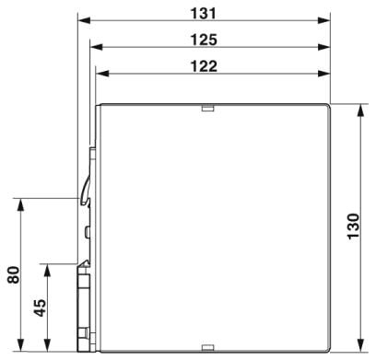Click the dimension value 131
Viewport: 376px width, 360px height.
pos(204,14)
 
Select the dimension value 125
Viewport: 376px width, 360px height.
pos(204,40)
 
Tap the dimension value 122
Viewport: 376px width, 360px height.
pos(204,66)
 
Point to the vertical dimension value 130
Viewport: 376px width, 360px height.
pos(353,226)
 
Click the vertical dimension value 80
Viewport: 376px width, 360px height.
pos(14,274)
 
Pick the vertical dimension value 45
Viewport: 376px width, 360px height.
pos(40,308)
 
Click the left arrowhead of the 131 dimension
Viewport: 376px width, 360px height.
pos(84,20)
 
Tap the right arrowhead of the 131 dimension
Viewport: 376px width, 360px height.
pos(324,20)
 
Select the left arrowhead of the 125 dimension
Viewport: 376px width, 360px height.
pos(96,47)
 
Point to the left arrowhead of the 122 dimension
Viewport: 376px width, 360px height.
pos(102,74)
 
